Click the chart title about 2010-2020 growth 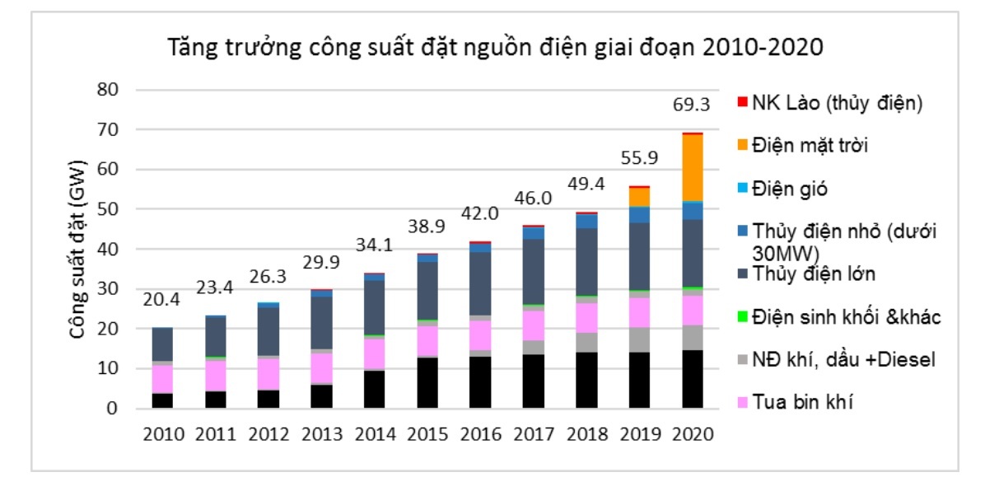(x=495, y=47)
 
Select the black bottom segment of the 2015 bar (x=427, y=382)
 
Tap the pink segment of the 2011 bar (x=214, y=374)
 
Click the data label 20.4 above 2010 (x=161, y=302)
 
